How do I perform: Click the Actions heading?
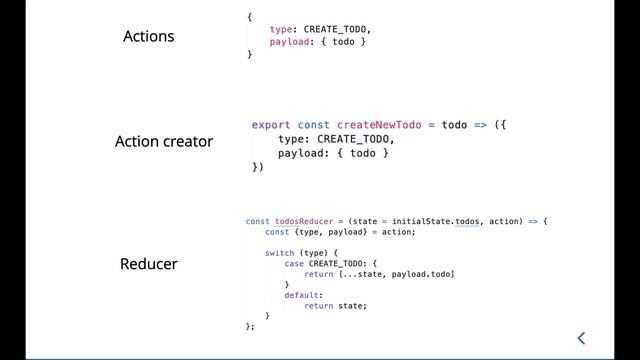tap(148, 37)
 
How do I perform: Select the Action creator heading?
tap(164, 142)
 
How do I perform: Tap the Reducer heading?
tap(148, 265)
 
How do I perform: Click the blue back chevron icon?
tap(581, 338)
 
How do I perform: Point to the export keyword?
tap(271, 125)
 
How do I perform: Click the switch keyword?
tap(280, 253)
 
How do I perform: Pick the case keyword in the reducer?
tap(294, 263)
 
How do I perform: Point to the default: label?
tap(303, 295)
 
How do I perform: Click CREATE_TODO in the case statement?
tap(335, 263)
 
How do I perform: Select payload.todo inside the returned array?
tap(423, 274)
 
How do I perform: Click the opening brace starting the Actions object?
tap(250, 17)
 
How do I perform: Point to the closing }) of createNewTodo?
tap(258, 167)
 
